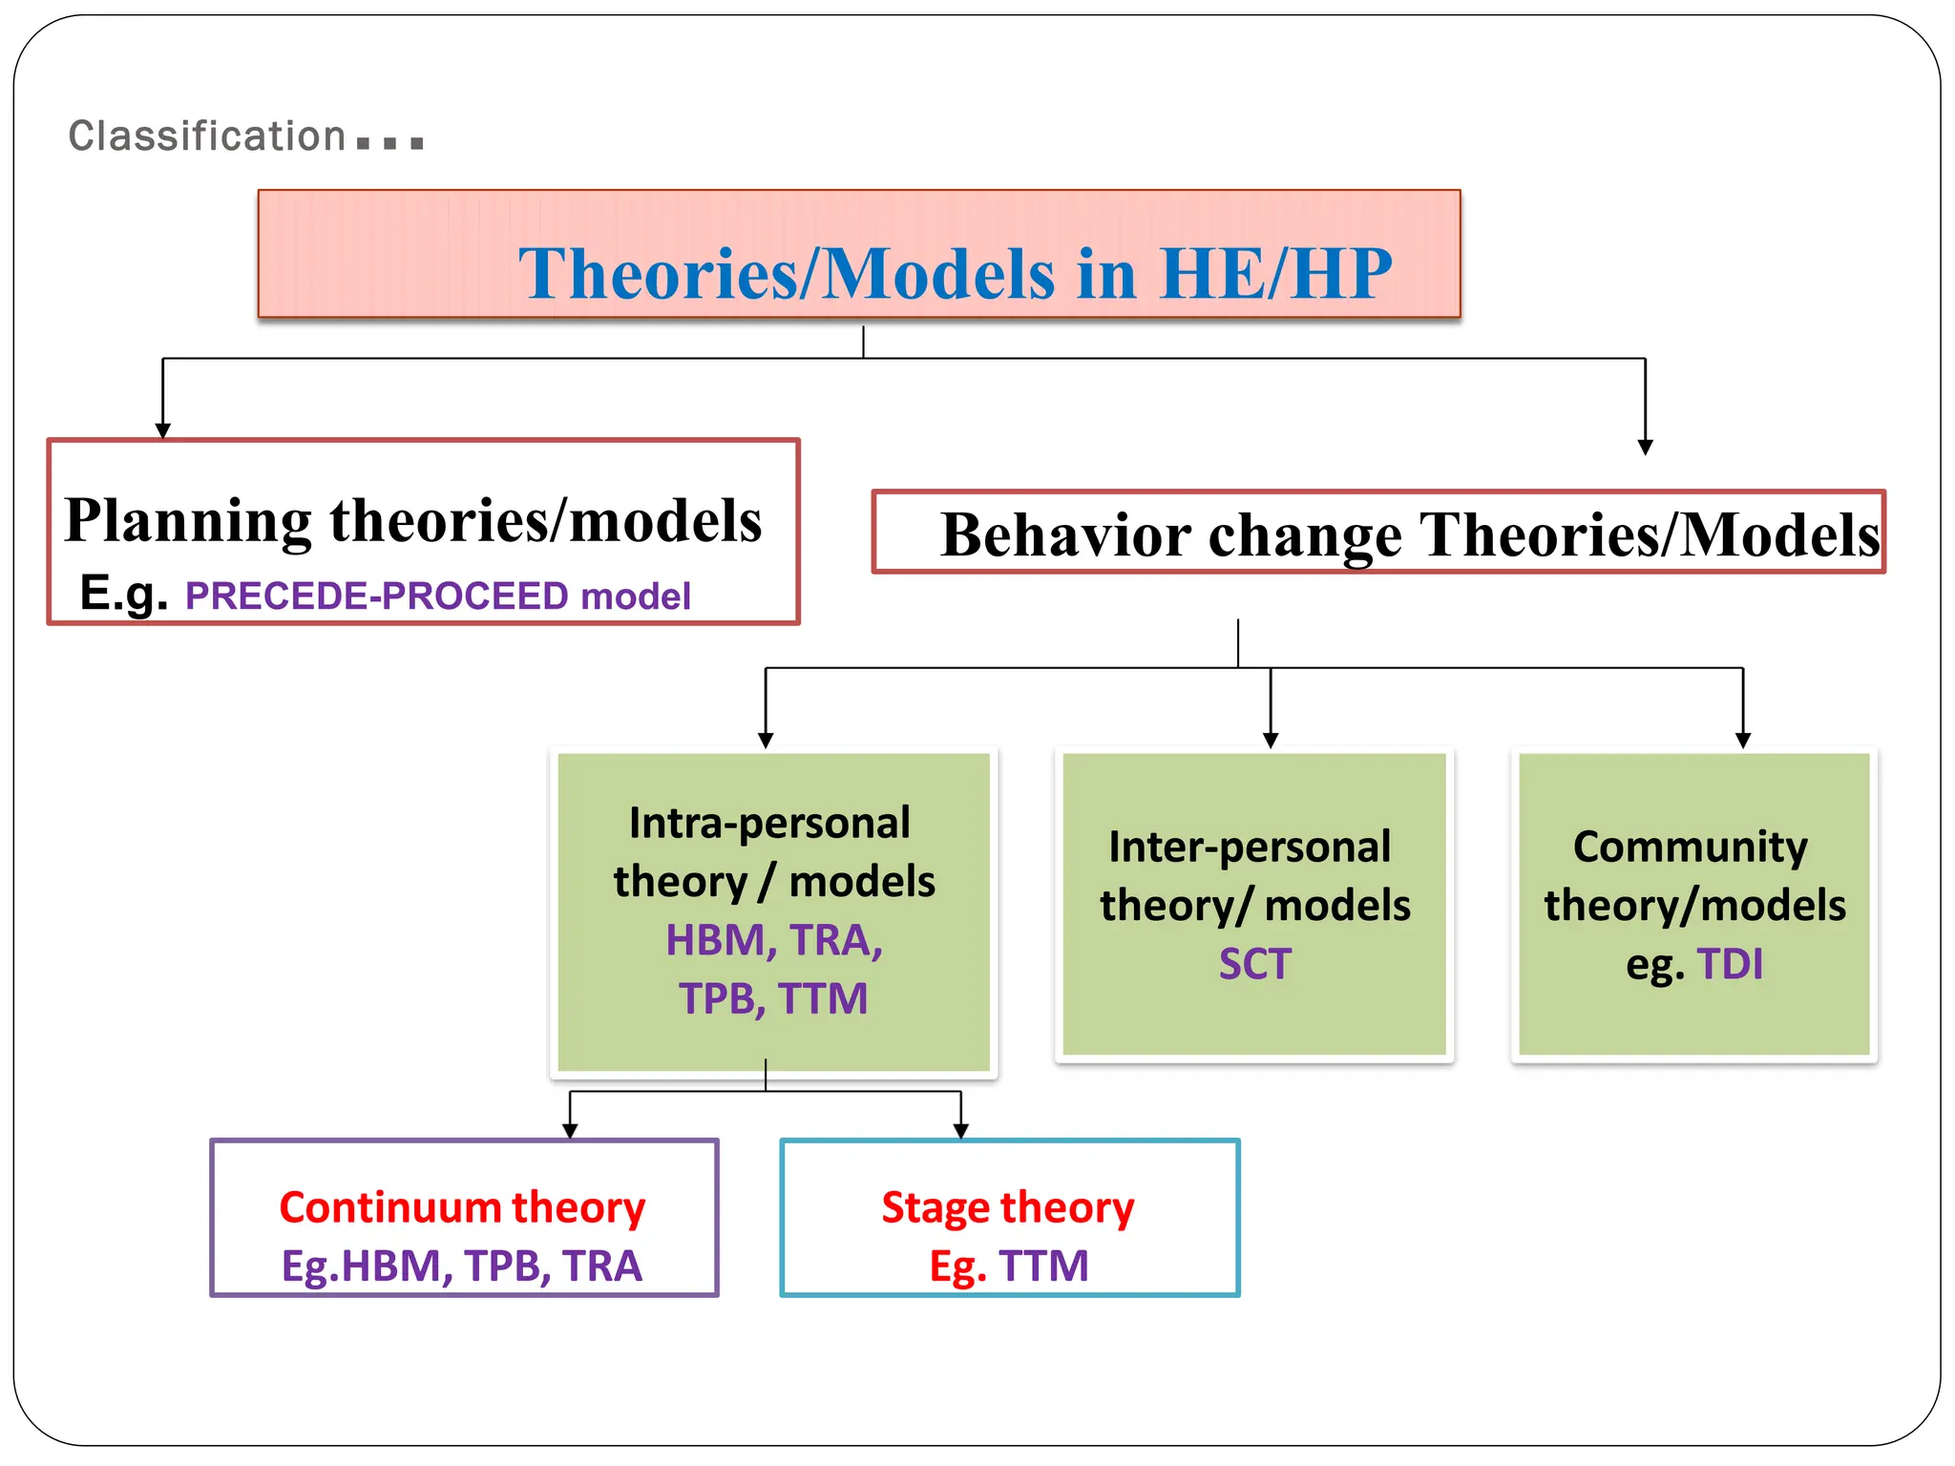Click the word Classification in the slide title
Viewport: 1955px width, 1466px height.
(206, 136)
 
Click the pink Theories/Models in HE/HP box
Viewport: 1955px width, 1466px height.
(859, 254)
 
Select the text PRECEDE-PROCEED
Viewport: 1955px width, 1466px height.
(377, 597)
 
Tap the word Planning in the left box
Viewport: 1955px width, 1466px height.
(188, 521)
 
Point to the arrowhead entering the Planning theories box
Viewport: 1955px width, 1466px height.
(163, 430)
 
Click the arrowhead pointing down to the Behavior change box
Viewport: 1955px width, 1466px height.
(1645, 447)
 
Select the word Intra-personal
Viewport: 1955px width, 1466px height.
(769, 823)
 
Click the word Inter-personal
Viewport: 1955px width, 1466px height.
(1250, 847)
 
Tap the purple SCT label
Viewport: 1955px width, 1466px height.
(1254, 964)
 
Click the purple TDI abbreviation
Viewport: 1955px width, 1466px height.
(1730, 964)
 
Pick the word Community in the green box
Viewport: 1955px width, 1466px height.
(1690, 847)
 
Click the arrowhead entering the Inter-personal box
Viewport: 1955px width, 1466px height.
(1271, 741)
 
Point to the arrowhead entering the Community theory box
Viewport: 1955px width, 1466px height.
(1743, 741)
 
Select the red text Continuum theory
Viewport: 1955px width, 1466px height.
(462, 1207)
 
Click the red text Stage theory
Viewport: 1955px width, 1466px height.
(1008, 1207)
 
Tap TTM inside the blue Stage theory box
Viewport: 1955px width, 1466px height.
(1043, 1267)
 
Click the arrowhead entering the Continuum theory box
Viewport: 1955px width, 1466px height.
(570, 1131)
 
